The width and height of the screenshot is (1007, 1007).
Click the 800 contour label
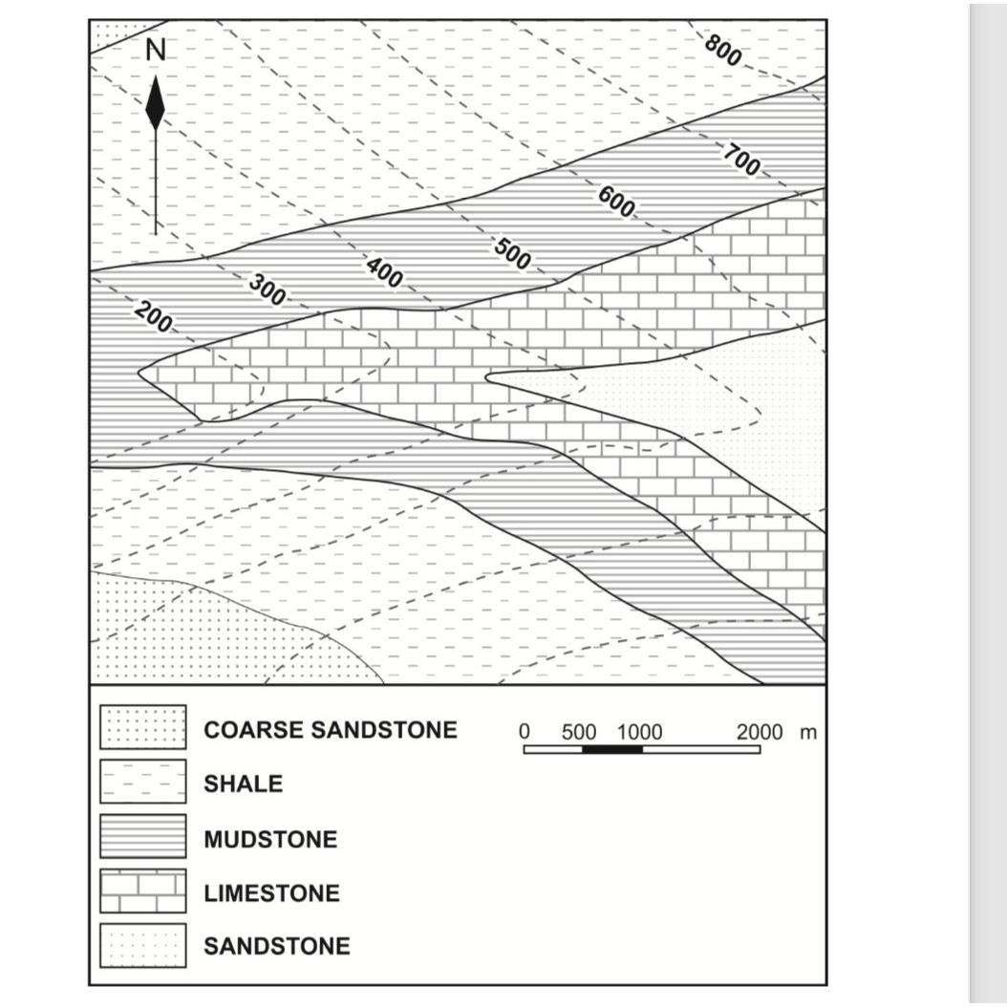[x=723, y=50]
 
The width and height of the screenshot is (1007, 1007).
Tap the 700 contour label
[x=741, y=160]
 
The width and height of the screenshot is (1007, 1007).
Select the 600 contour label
[x=616, y=202]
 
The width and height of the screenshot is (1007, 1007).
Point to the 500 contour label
[x=512, y=253]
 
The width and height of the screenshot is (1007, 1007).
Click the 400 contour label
[x=384, y=273]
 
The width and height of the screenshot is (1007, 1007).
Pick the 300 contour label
[x=267, y=289]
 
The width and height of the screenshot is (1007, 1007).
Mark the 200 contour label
[x=153, y=317]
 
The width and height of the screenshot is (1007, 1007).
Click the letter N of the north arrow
[x=155, y=51]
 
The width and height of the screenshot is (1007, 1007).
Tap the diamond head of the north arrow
[x=155, y=105]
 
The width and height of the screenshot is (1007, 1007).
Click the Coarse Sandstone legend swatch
[x=143, y=728]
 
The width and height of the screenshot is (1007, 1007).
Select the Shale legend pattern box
[x=143, y=782]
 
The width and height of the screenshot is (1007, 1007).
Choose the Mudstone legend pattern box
[x=143, y=837]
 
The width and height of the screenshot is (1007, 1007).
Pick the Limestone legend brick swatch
[x=143, y=891]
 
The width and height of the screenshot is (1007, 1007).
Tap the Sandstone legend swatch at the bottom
[x=143, y=946]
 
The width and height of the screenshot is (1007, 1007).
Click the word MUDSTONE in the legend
[x=269, y=840]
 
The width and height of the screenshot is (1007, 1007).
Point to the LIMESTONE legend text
[x=271, y=893]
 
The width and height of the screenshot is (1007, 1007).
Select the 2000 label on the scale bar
[x=759, y=733]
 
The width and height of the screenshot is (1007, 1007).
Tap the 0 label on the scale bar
[x=524, y=733]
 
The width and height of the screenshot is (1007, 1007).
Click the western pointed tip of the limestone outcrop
[x=139, y=372]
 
